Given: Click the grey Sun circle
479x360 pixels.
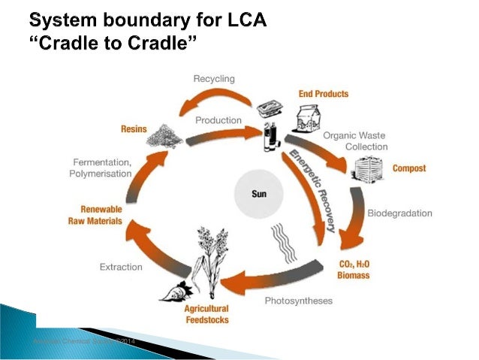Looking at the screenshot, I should (258, 192).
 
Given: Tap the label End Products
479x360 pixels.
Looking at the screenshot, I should (324, 94).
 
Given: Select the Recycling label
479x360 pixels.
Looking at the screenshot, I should (214, 79).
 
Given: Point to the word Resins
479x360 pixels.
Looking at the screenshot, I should (134, 129).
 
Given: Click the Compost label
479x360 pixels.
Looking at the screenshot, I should (408, 168).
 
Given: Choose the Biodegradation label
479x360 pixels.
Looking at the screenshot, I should (399, 213).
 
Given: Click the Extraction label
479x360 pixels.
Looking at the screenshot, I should (121, 266).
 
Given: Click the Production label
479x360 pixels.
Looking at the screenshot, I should (218, 120).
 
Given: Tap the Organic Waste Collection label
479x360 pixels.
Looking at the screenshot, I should (355, 141).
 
